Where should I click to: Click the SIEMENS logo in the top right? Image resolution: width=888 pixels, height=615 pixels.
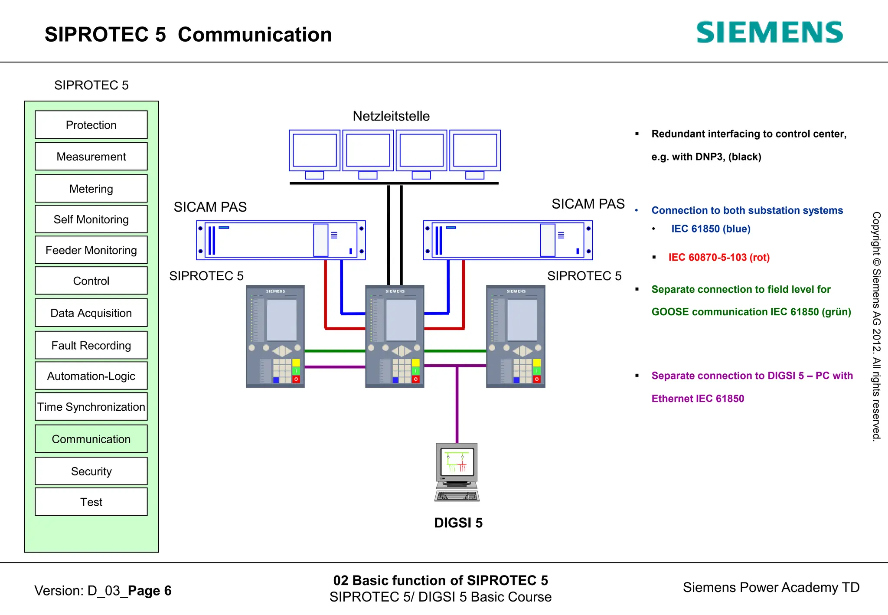point(769,33)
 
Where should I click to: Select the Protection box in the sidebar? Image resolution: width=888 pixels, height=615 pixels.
point(91,125)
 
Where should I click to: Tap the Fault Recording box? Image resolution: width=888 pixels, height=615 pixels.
point(91,345)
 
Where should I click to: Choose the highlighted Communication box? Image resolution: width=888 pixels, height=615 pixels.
point(91,439)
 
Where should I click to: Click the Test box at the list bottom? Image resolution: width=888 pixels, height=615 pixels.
point(91,502)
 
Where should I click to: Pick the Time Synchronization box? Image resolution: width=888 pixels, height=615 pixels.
point(91,407)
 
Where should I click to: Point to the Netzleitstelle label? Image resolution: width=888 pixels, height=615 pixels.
point(391,116)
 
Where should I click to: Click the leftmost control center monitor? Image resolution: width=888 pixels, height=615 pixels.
point(315,151)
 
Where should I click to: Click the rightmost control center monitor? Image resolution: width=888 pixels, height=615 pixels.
point(475,151)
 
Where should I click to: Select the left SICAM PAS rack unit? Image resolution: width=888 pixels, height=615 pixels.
point(281,240)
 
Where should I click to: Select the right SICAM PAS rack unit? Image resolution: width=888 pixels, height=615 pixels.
point(508,240)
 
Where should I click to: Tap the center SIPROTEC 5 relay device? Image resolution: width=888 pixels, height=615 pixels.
point(395,336)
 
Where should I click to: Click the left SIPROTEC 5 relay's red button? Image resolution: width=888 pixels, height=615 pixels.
point(296,379)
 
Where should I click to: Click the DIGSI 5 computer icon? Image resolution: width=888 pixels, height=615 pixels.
point(457,472)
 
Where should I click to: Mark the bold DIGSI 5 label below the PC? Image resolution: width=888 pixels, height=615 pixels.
point(458,523)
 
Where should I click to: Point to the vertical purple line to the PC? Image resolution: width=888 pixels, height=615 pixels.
point(457,403)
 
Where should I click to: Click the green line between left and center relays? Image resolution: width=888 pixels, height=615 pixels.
point(335,351)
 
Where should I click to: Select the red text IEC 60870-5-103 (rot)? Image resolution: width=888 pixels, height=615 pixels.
point(719,257)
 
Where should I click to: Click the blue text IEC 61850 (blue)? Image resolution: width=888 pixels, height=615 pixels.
point(711,229)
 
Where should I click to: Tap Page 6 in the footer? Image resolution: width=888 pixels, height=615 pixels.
point(150,591)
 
